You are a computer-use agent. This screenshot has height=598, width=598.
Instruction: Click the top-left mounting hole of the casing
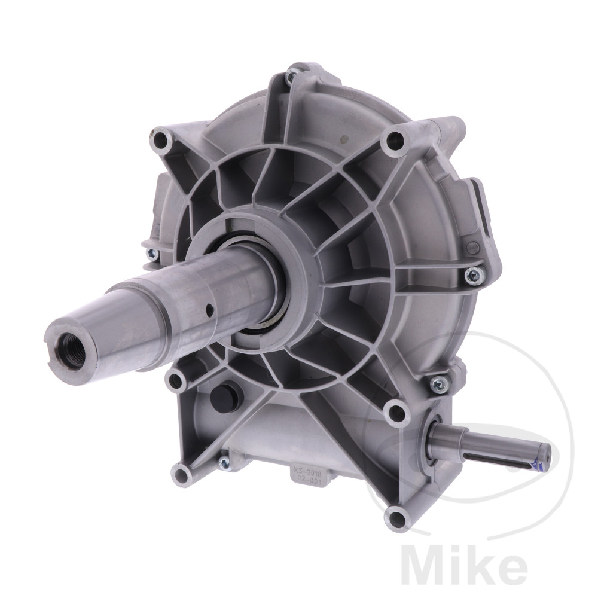pyautogui.click(x=160, y=141)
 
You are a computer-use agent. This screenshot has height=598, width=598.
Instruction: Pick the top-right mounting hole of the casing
pyautogui.click(x=393, y=142)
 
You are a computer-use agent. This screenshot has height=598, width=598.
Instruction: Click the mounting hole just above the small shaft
pyautogui.click(x=395, y=411)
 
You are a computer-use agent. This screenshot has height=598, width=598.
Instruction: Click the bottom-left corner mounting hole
pyautogui.click(x=181, y=475)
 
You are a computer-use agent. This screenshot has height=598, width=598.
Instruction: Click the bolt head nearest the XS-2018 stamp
pyautogui.click(x=224, y=462)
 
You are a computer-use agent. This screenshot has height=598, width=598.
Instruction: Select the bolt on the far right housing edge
pyautogui.click(x=474, y=274)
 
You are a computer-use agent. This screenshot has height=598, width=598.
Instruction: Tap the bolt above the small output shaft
pyautogui.click(x=439, y=382)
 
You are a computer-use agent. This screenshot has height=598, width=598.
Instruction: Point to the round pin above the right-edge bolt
pyautogui.click(x=474, y=247)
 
